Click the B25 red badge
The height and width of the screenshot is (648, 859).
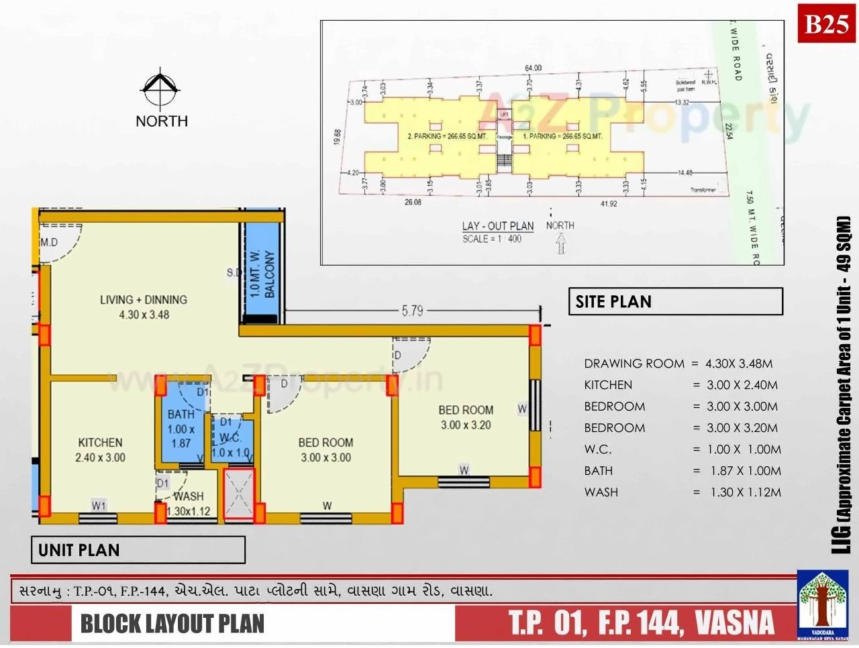point(826,24)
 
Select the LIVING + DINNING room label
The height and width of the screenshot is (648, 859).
point(144,307)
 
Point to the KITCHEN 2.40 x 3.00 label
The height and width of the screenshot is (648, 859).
point(100,450)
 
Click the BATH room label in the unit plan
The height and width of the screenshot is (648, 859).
point(181,429)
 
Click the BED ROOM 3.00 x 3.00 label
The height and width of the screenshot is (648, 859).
point(325,450)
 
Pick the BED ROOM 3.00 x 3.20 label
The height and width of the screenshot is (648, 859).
point(466,417)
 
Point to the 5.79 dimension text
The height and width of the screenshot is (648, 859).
point(412,311)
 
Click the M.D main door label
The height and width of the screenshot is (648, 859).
point(49,242)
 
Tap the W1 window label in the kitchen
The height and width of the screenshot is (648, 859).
point(99,506)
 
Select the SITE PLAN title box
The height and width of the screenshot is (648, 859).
point(675,302)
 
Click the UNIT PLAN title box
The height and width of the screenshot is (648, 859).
point(138,550)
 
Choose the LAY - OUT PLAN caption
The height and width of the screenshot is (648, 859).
point(497,226)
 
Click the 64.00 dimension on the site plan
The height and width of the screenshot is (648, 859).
point(533,68)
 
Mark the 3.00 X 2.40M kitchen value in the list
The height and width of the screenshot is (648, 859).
point(742,385)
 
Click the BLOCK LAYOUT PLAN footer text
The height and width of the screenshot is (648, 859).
point(172,623)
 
